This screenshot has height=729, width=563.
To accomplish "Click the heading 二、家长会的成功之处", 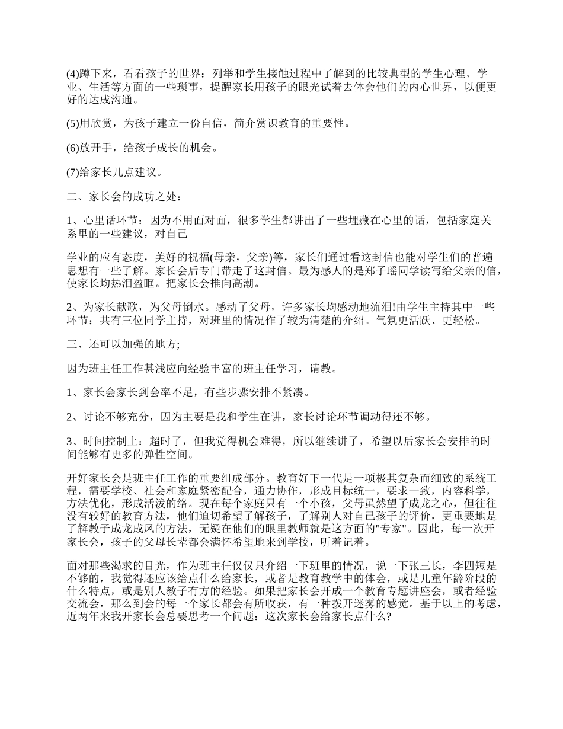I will point(125,197).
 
